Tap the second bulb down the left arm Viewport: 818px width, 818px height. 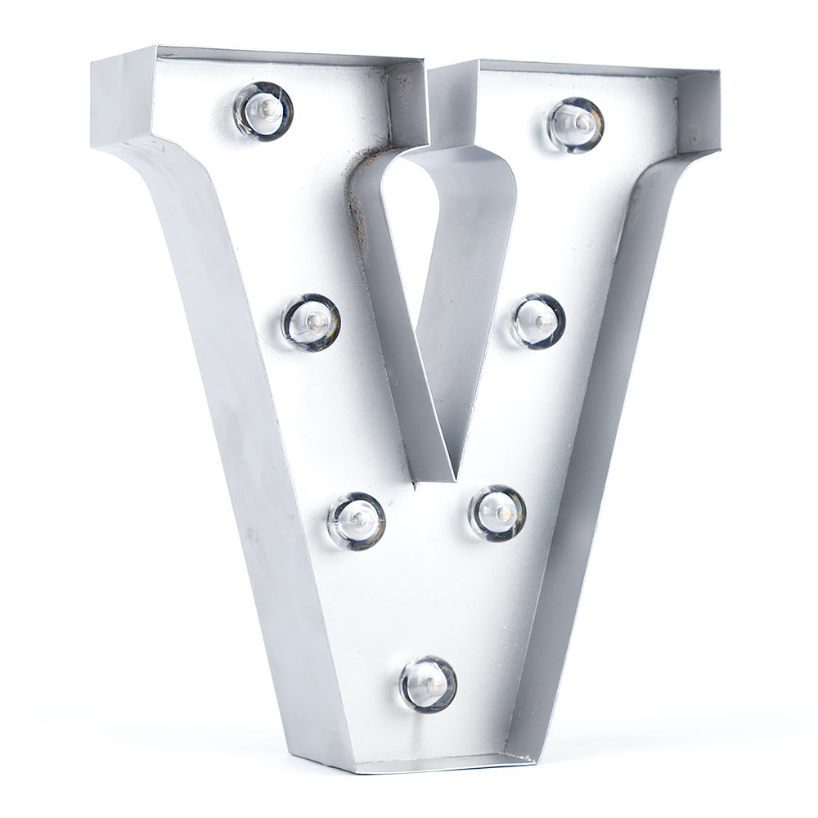point(312,322)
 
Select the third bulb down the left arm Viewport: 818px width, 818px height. point(357,520)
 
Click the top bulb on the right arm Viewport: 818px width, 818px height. point(576,124)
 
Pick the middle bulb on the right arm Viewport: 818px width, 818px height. point(538,321)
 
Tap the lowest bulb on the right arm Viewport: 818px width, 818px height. point(497,513)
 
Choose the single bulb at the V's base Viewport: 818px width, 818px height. point(428,684)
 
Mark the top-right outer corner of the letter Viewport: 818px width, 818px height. point(720,72)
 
